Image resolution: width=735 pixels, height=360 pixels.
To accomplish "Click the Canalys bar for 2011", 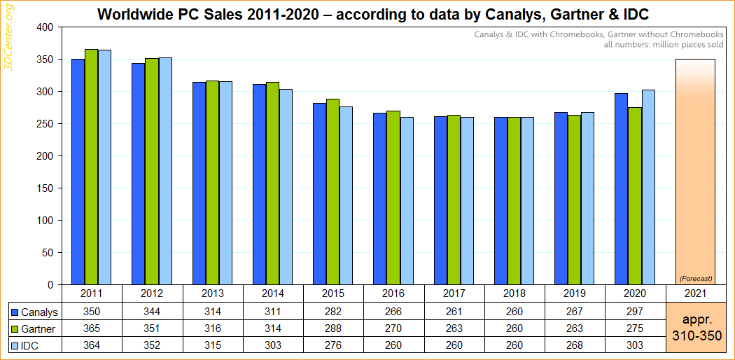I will (x=78, y=172).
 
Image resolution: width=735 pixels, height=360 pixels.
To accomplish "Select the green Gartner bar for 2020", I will (x=636, y=195).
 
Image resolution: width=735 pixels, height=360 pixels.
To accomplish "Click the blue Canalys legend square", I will (x=15, y=312).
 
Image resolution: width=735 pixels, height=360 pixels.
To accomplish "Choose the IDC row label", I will (x=31, y=344).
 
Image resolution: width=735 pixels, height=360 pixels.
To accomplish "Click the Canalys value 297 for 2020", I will (x=634, y=312).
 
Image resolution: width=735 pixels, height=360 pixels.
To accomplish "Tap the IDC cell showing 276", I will (x=332, y=344).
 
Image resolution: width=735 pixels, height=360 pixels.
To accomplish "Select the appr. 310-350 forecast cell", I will (x=695, y=328).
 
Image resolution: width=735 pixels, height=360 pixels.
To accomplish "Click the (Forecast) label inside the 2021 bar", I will (x=695, y=278).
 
